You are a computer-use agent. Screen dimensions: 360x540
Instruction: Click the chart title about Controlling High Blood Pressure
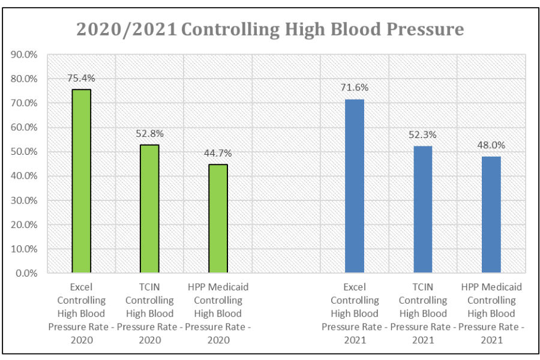coord(270,29)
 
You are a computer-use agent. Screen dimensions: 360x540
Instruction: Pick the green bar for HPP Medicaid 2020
coord(218,218)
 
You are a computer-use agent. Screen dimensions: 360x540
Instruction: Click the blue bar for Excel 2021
coord(355,186)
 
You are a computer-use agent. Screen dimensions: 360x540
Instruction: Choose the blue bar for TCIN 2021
coord(422,209)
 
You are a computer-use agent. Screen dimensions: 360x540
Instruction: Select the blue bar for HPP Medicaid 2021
coord(491,215)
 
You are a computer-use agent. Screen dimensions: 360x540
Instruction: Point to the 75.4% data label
coord(81,78)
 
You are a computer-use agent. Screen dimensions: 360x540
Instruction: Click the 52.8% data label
coord(149,133)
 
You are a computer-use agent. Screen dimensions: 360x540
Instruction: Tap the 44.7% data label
coord(218,153)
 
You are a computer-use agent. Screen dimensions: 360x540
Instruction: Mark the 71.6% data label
coord(355,88)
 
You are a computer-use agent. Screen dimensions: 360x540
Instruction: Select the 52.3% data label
coord(422,134)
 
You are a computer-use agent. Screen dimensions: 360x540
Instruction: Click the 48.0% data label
coord(491,145)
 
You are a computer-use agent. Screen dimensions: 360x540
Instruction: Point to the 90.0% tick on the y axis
coord(25,55)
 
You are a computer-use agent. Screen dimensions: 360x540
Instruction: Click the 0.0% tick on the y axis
coord(27,273)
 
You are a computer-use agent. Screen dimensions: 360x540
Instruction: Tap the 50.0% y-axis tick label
coord(25,152)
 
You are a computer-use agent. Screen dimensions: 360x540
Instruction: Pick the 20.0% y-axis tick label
coord(25,224)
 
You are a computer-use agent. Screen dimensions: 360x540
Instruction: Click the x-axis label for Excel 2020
coord(81,313)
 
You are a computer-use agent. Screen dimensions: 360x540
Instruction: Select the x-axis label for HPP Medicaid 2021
coord(491,313)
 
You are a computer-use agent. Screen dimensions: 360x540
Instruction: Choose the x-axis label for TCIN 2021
coord(422,313)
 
